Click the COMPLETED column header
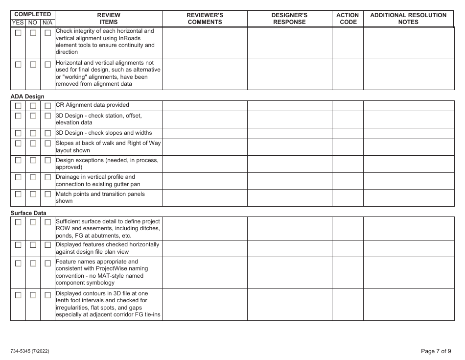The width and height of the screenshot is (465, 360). tap(33, 15)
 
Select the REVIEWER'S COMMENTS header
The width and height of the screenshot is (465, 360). tap(205, 19)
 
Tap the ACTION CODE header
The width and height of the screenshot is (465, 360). tap(348, 19)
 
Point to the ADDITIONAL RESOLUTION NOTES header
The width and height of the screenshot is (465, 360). tap(408, 19)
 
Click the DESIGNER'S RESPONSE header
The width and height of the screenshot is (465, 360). tap(289, 19)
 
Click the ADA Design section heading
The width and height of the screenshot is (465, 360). tap(27, 96)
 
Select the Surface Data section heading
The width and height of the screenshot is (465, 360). tap(28, 213)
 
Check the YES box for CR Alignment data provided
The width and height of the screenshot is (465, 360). tap(18, 106)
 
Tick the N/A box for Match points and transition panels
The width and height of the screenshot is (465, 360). tap(48, 194)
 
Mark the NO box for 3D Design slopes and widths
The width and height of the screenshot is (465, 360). tap(33, 133)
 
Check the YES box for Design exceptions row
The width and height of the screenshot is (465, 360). tap(18, 161)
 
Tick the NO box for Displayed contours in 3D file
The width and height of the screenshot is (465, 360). tap(33, 295)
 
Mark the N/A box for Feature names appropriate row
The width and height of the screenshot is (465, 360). tap(48, 264)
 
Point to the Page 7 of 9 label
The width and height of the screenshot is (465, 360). tap(436, 351)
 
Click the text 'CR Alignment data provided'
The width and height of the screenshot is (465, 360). tap(93, 105)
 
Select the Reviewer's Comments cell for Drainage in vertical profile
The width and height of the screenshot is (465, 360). tap(205, 180)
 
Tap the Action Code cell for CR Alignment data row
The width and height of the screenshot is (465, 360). tap(348, 105)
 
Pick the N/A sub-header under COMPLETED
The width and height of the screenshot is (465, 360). tap(47, 23)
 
